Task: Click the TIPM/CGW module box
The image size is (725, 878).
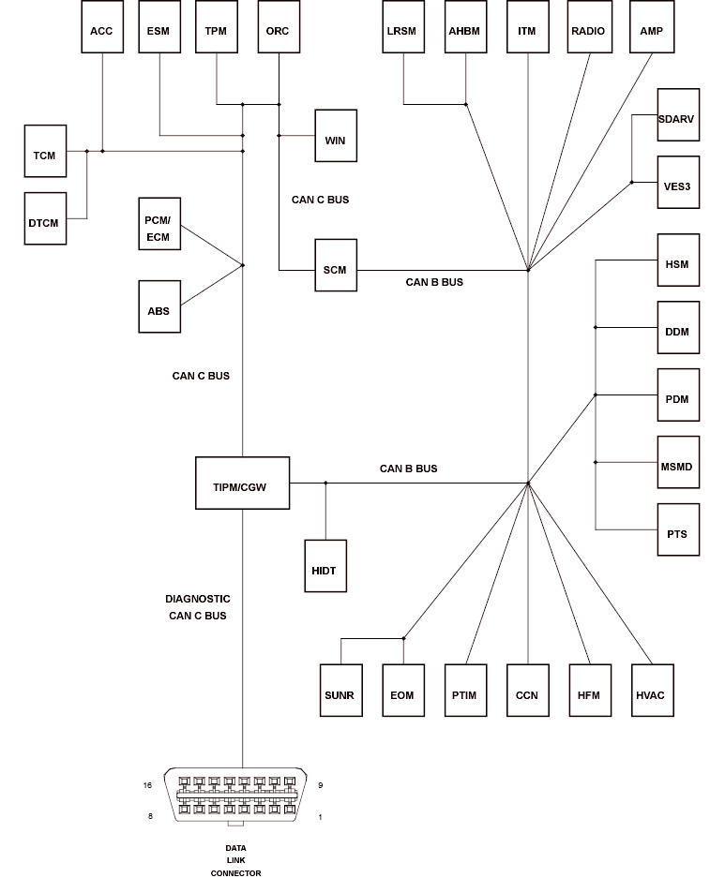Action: pos(242,484)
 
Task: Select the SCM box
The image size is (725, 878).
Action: pos(335,271)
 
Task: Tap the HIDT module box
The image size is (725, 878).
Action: pos(325,566)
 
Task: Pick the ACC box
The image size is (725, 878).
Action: pos(101,31)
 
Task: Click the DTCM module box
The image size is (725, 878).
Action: pos(44,219)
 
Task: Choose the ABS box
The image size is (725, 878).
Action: pos(159,306)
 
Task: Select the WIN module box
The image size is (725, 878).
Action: pos(335,141)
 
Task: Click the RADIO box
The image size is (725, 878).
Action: pos(588,31)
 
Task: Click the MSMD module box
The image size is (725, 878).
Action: pos(677,467)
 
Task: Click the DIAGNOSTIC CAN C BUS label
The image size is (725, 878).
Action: pos(197,607)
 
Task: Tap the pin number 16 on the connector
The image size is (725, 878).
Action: pos(147,786)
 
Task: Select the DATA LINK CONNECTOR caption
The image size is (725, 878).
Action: pos(235,860)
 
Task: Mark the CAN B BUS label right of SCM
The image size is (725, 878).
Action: pos(434,282)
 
